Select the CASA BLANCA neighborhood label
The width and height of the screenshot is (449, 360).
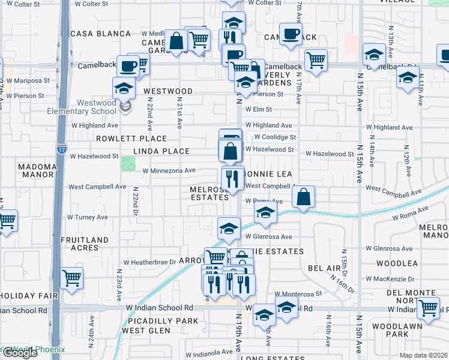tap(100, 34)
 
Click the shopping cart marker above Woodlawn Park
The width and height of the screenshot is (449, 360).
tap(428, 308)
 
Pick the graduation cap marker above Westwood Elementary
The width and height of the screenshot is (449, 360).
tap(124, 89)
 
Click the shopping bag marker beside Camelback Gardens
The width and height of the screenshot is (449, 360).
tap(176, 42)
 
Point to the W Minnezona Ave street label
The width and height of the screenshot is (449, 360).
tap(169, 170)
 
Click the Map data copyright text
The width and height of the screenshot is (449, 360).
tap(424, 355)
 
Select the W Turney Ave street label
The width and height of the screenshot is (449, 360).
tap(87, 217)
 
